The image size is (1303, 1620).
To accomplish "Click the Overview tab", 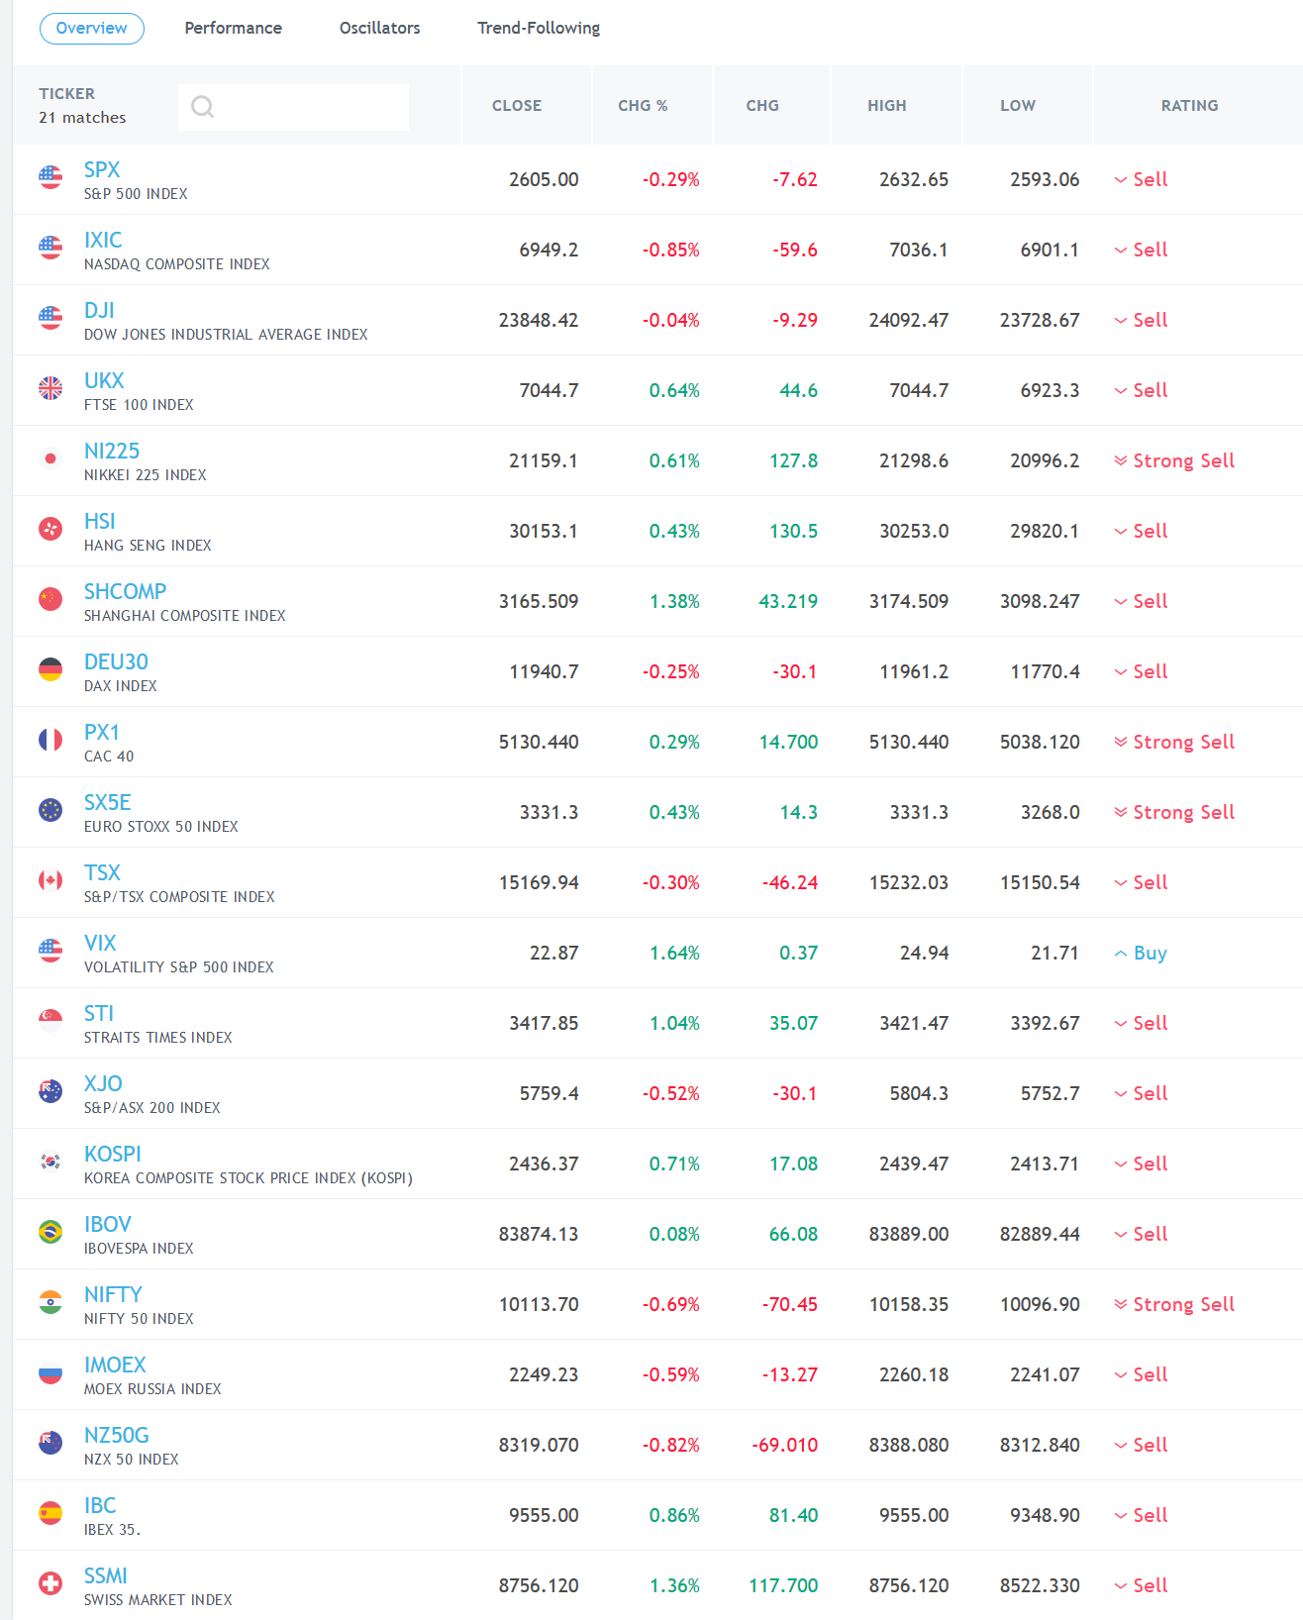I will (x=91, y=28).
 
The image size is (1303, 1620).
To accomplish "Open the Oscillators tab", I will (x=379, y=28).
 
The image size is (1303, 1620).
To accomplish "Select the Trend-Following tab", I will (x=539, y=28).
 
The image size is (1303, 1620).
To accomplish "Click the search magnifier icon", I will (x=203, y=106).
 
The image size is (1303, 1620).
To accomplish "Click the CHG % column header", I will (x=643, y=106).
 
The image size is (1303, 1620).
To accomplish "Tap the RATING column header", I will (x=1189, y=106).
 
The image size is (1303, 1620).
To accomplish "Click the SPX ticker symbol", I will (x=102, y=169).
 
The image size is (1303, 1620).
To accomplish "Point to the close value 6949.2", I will (x=549, y=250).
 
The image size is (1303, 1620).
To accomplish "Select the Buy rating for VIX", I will (x=1150, y=953).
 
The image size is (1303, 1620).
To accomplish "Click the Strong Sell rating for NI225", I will (x=1183, y=460).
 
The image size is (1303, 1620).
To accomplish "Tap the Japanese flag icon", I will (x=50, y=458).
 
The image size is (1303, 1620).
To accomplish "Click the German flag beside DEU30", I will (x=50, y=669).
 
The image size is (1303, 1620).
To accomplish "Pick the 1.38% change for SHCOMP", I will (x=674, y=601).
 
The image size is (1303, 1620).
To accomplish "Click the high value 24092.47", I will (x=908, y=320).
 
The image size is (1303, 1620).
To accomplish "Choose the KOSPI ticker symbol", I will (x=113, y=1154).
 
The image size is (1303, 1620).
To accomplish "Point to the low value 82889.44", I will (x=1039, y=1234).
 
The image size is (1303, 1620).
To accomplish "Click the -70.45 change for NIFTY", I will (x=790, y=1304).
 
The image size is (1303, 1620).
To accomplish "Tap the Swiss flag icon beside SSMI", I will (x=50, y=1583).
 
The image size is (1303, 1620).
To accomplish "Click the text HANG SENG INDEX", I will (x=148, y=546).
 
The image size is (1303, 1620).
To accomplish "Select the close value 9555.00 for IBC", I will (x=544, y=1515).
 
